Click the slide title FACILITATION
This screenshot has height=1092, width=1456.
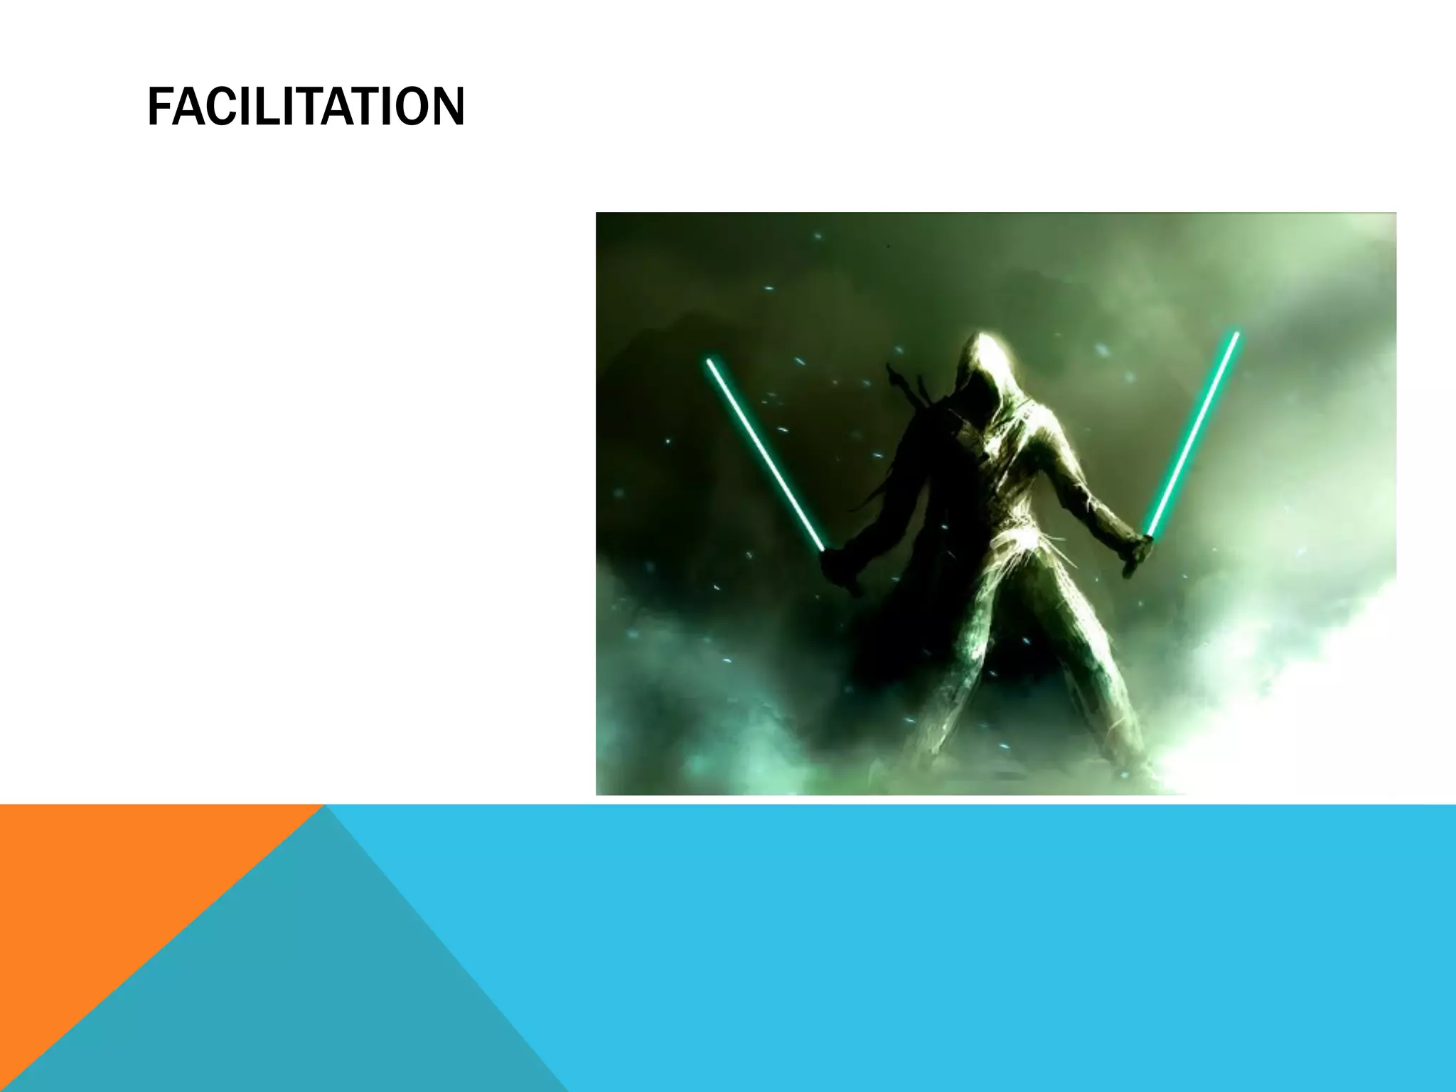306,107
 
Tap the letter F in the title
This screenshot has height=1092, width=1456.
159,107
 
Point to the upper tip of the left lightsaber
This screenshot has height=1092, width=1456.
709,361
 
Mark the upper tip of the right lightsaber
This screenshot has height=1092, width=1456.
1236,333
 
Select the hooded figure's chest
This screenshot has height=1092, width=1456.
995,455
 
